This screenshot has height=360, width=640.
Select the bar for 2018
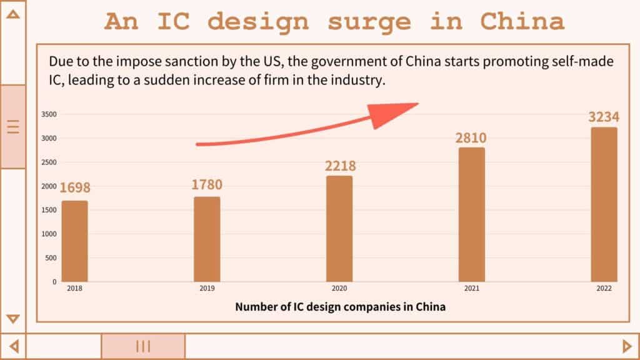pos(74,241)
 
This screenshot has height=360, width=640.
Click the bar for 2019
pos(207,239)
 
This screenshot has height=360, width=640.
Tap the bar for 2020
pos(339,229)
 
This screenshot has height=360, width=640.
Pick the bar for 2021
pos(472,214)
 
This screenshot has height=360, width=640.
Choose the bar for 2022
pos(604,204)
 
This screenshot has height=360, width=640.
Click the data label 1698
pos(75,187)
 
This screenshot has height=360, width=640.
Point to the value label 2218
pos(340,166)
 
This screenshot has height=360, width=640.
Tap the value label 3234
pos(604,117)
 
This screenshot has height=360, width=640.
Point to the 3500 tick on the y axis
pos(49,114)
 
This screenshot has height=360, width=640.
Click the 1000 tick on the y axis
pos(49,234)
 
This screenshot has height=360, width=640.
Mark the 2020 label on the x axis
pos(339,289)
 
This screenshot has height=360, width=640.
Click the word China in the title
pos(522,22)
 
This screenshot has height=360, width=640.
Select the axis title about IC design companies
pos(340,307)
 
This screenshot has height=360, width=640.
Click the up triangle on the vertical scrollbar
pos(12,12)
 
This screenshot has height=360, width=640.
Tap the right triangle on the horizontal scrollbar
pos(627,346)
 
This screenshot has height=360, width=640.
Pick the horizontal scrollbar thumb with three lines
pos(143,346)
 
